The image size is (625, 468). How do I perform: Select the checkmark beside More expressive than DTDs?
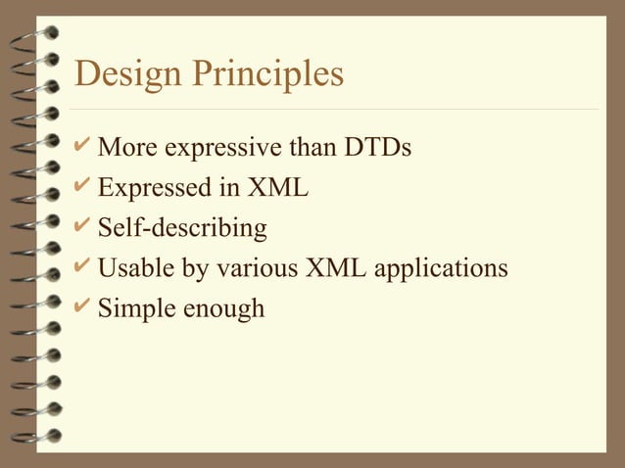(84, 148)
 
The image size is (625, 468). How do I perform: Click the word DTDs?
(377, 150)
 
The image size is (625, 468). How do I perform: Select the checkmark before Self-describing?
(84, 227)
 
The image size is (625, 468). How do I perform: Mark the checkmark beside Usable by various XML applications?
(84, 266)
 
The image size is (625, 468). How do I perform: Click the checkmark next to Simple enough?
(84, 306)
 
